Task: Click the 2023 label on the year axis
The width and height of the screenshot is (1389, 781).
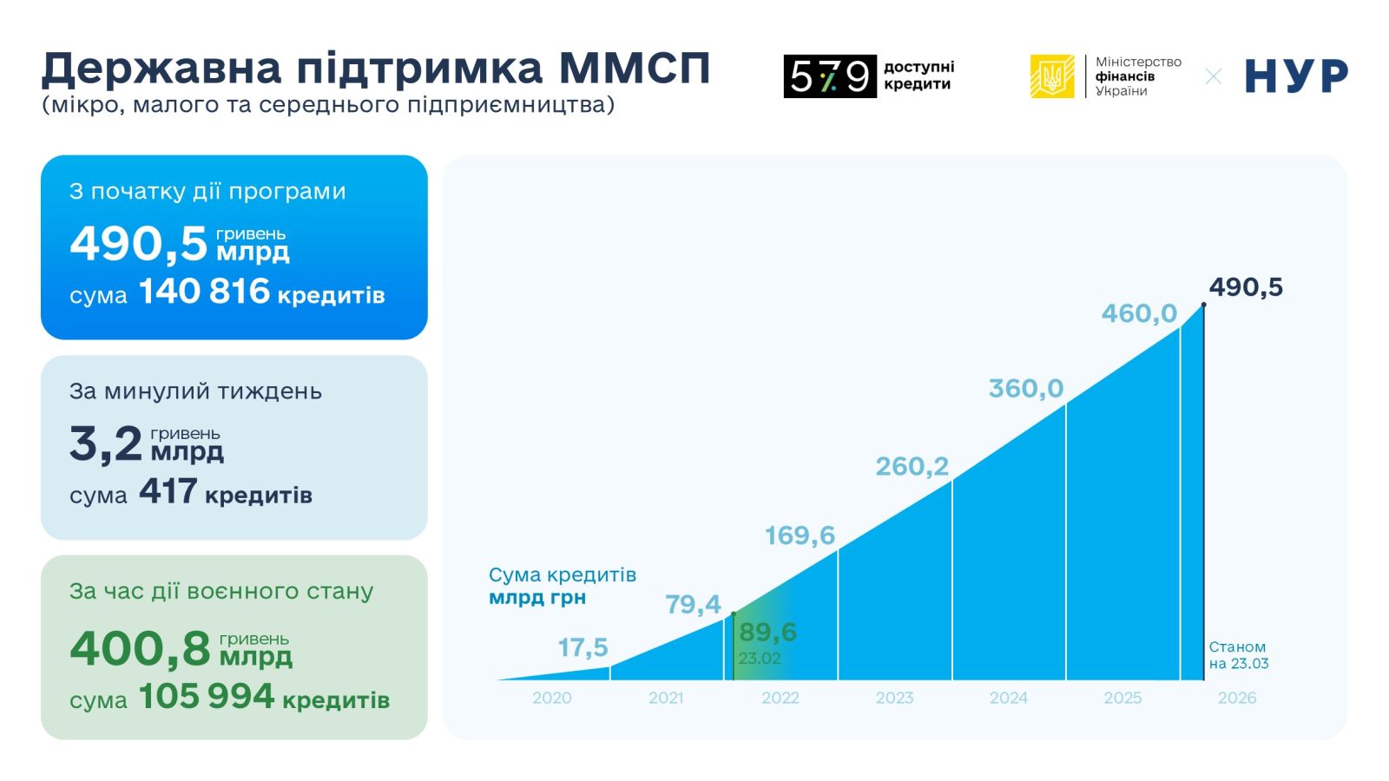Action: (894, 698)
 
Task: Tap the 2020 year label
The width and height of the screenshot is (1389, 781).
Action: (551, 698)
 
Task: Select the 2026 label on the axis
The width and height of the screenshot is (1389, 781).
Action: (1236, 698)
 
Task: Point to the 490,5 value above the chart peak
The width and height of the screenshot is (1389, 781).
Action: (1246, 287)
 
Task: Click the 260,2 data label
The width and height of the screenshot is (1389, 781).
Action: (912, 467)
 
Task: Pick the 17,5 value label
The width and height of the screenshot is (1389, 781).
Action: (583, 647)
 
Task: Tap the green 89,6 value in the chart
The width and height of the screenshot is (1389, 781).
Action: (767, 632)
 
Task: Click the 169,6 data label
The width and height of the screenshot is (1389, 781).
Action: (800, 535)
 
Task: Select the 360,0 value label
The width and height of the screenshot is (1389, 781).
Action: (1025, 389)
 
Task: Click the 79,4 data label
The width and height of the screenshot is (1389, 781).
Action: (693, 604)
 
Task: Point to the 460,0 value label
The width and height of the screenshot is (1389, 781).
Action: (1139, 313)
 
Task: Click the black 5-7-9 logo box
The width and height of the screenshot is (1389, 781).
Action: (829, 76)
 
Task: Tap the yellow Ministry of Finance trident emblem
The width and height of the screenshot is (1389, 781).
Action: (1051, 76)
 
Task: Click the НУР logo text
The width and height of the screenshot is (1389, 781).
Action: (1296, 76)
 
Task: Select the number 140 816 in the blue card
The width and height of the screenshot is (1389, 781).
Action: (205, 292)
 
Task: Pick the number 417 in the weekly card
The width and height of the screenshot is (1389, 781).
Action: (168, 492)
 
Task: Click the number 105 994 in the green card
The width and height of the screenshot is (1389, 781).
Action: (207, 697)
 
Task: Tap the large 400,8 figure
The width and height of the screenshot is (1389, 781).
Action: (140, 648)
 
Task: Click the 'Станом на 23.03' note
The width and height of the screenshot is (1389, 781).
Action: (1238, 655)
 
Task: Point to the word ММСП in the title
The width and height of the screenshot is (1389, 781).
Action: (635, 68)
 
